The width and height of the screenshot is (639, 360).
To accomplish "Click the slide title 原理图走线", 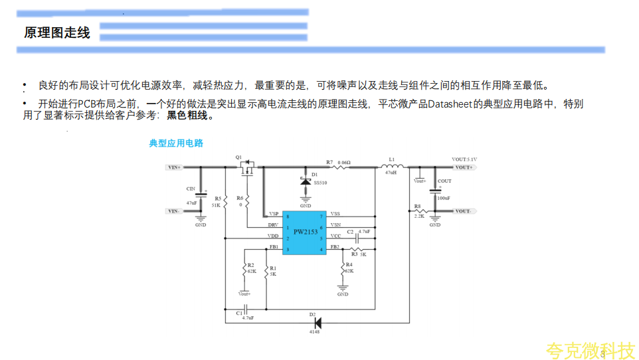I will [57, 33].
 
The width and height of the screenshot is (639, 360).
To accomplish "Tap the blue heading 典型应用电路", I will [176, 143].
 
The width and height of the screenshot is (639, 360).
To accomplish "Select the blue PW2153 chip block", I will [306, 232].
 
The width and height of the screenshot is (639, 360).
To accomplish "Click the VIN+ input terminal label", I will [174, 167].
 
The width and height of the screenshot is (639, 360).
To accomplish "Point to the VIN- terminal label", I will [174, 211].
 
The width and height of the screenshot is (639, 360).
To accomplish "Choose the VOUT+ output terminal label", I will [463, 167].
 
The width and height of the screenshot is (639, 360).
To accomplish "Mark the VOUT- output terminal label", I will [463, 211].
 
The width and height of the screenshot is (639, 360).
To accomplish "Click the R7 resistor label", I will [329, 161].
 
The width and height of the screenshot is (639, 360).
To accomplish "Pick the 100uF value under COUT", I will [444, 198].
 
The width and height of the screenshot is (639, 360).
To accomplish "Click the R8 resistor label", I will [417, 206].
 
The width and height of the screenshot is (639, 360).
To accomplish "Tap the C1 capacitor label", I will [239, 312].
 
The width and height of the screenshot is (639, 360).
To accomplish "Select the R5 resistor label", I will [217, 199].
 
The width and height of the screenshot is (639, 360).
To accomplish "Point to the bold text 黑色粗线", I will [189, 116].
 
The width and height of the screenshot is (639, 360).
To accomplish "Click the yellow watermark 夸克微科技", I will [590, 350].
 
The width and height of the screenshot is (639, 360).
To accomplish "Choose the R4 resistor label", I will [349, 264].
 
